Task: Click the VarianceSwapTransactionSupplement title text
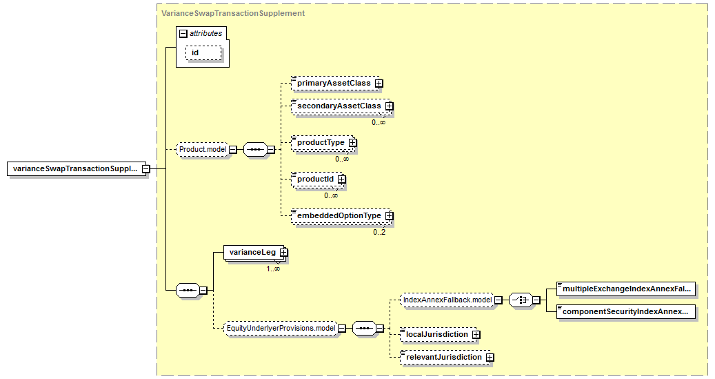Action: coord(233,13)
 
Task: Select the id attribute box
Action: coord(203,53)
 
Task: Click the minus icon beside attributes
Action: coord(183,33)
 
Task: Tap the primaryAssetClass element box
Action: coord(337,83)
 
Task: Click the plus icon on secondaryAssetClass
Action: coord(389,106)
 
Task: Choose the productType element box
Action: coord(324,142)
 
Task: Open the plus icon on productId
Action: coord(341,179)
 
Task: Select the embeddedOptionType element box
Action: coord(342,215)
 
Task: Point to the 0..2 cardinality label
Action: coord(379,233)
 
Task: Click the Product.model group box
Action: coord(203,149)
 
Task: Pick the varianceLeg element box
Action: coord(255,253)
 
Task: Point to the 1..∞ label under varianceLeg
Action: coord(273,269)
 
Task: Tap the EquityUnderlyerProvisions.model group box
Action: coord(281,329)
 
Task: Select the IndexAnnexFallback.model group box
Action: coord(447,300)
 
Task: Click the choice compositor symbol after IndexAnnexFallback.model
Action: coord(521,300)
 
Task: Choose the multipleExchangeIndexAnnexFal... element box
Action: coord(627,289)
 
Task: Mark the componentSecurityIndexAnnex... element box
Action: coord(627,312)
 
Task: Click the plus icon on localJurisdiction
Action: coord(476,335)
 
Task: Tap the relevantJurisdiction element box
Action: coord(447,357)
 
